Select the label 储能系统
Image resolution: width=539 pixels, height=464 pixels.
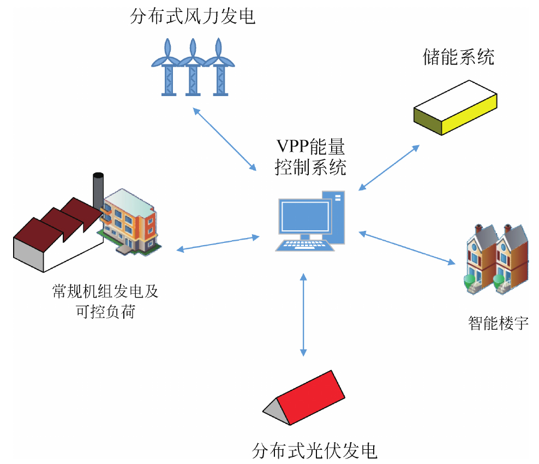(458, 57)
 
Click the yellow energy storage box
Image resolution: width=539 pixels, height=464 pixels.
(456, 109)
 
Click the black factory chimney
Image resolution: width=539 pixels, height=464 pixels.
(98, 191)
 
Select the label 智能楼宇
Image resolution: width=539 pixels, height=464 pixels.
(498, 323)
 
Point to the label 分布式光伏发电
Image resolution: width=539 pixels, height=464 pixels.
(315, 451)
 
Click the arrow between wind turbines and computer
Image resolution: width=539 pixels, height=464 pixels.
(226, 139)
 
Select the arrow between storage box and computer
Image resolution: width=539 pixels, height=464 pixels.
(389, 168)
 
